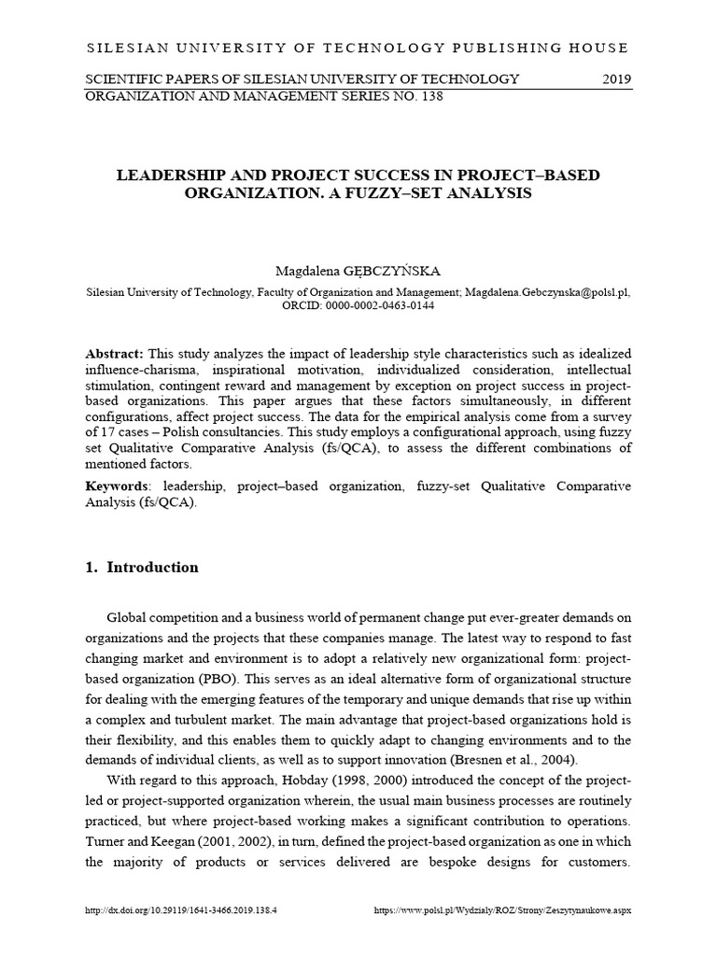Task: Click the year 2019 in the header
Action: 615,78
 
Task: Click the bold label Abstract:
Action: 114,354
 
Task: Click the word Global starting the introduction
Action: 129,617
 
